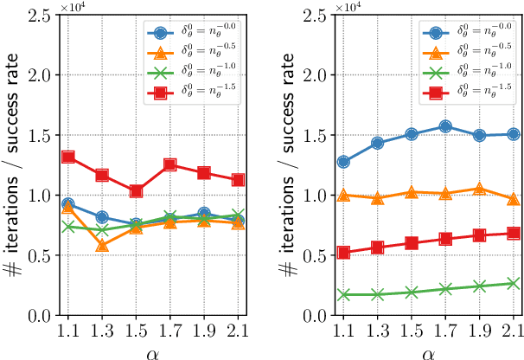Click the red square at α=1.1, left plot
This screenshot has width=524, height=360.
(68, 157)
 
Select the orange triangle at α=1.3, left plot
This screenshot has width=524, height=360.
(102, 247)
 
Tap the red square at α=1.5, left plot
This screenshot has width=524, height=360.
(136, 191)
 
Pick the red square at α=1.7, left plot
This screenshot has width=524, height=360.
(170, 165)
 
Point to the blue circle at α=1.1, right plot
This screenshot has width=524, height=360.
(344, 162)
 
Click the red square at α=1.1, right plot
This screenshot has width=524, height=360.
(344, 253)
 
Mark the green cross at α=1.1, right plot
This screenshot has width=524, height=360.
(344, 294)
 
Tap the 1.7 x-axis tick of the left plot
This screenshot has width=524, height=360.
(170, 330)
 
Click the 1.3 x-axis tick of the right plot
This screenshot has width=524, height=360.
(378, 330)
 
